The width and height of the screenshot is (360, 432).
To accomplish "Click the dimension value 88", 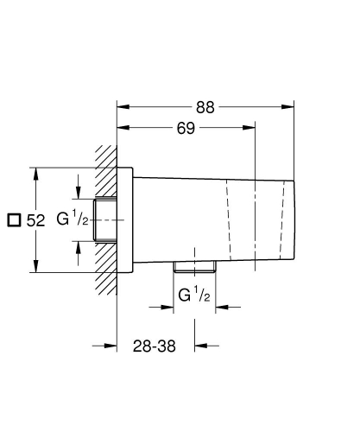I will point(205,107).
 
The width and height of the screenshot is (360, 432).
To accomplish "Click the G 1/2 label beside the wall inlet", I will point(74,219).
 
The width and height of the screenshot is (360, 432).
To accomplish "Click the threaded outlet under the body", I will point(193,264).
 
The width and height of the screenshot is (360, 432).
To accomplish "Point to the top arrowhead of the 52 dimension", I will point(35,171).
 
